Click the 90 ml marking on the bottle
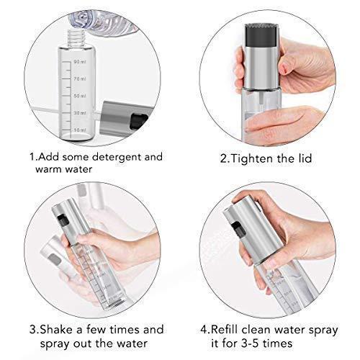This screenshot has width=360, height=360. [x=80, y=62]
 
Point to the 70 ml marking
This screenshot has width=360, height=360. [x=80, y=78]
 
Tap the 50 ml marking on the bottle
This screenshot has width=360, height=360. [x=80, y=96]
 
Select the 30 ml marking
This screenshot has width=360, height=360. [x=80, y=113]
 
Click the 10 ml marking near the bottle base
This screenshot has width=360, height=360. [x=80, y=130]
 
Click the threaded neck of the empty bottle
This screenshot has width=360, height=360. [x=76, y=37]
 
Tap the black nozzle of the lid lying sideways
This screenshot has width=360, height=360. [x=138, y=120]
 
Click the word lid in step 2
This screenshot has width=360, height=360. [x=305, y=158]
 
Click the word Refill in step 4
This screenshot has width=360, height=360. [x=225, y=330]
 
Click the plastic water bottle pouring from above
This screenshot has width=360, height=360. [x=103, y=22]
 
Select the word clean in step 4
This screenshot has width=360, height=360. [x=256, y=330]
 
